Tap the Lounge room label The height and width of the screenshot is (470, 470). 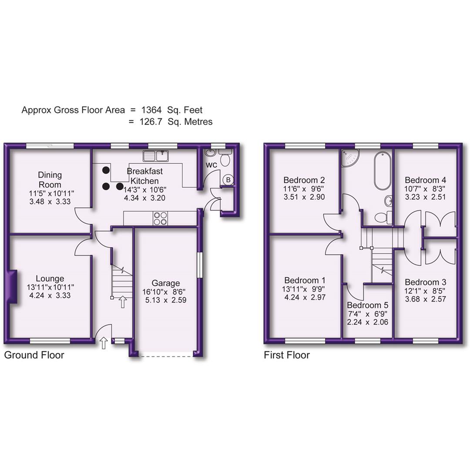[x=50, y=279]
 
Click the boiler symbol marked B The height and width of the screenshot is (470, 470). [x=228, y=180]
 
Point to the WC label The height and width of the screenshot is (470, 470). [x=211, y=165]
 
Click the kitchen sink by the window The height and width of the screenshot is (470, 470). [x=155, y=155]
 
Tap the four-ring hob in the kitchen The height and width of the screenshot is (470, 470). [x=160, y=218]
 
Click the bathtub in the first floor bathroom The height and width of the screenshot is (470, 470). [x=382, y=171]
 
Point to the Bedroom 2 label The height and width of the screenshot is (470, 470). [x=304, y=180]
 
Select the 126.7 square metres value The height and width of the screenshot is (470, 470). [x=151, y=122]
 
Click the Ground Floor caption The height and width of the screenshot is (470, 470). [x=34, y=355]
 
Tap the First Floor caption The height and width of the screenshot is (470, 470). [x=287, y=355]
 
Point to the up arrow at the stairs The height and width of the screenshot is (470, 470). [x=123, y=302]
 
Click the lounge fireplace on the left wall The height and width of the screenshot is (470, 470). [x=12, y=287]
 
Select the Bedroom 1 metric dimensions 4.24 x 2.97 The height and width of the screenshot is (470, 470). [x=304, y=298]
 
